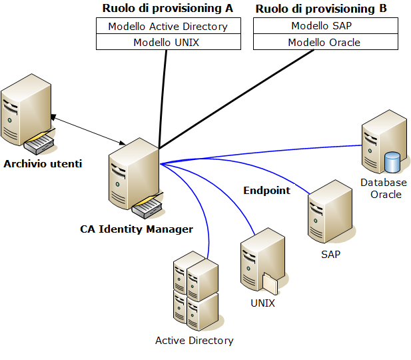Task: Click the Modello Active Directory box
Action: click(x=168, y=27)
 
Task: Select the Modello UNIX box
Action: click(x=168, y=42)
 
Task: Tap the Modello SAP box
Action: click(x=325, y=26)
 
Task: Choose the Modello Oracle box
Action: click(x=325, y=42)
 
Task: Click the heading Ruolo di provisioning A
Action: click(x=167, y=9)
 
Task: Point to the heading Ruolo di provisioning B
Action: click(x=321, y=9)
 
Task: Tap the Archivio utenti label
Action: click(x=43, y=163)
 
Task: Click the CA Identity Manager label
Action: click(x=137, y=229)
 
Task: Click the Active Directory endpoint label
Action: click(x=195, y=341)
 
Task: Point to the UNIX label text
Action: click(x=262, y=303)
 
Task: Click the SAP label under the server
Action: click(x=330, y=255)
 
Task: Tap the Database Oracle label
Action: click(x=384, y=189)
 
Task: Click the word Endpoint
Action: click(x=266, y=191)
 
